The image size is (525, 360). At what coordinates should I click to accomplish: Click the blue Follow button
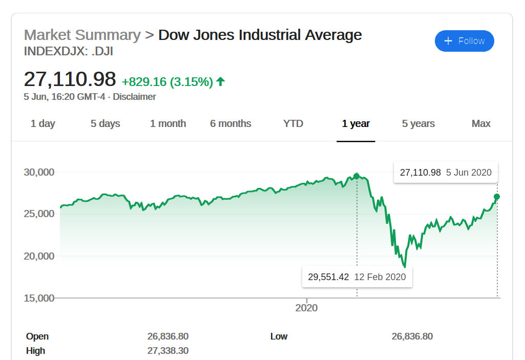point(464,41)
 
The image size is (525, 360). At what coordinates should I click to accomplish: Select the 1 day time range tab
point(43,123)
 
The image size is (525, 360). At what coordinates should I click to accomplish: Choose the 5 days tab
point(106,123)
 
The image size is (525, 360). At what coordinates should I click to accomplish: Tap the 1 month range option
point(168,123)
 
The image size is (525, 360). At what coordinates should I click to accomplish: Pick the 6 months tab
point(230,123)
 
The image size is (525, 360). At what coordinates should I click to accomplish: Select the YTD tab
point(293,123)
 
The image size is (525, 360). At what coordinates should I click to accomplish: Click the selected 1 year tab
point(356,123)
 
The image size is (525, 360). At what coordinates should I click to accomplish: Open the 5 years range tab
point(418,123)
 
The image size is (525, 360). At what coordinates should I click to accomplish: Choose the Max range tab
point(481,123)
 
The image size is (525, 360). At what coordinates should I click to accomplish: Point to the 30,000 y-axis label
point(39,172)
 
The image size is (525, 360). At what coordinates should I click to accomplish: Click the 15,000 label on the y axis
point(39,298)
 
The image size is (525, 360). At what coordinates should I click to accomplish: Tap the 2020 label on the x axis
point(306,308)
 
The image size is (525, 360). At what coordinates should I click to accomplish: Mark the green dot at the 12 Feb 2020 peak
point(356,176)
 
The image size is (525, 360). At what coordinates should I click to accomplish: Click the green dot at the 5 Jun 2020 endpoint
point(497,197)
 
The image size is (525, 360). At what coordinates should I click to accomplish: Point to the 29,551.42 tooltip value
point(328,277)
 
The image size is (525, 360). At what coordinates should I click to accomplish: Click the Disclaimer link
point(134,96)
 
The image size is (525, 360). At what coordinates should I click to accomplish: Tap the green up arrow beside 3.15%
point(221,81)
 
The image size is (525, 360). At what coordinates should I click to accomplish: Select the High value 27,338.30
point(168,351)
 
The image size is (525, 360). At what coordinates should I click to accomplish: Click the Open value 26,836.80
point(168,336)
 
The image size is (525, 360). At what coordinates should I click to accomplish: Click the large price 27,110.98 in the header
point(70,79)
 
